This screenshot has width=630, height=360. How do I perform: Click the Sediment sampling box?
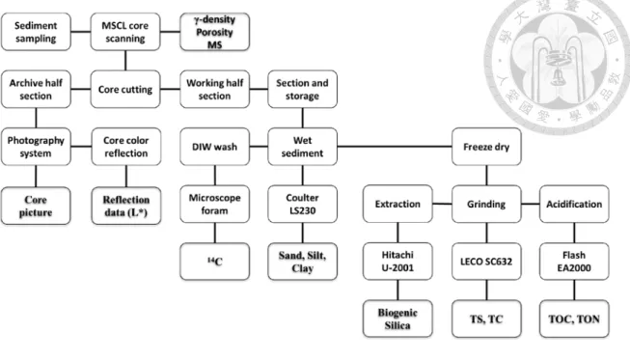click(36, 32)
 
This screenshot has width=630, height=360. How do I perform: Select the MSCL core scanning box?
click(125, 32)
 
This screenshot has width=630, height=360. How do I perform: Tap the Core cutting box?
click(125, 89)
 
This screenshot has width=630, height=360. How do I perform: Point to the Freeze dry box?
click(486, 147)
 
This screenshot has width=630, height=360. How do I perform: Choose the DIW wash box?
click(214, 147)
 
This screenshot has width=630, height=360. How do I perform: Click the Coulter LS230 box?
click(303, 204)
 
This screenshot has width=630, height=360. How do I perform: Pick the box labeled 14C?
click(214, 262)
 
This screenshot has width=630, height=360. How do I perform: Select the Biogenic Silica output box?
click(397, 319)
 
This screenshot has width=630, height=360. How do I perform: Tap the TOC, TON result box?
click(574, 319)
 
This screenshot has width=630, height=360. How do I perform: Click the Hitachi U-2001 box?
click(397, 262)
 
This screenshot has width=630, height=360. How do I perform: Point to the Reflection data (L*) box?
click(126, 206)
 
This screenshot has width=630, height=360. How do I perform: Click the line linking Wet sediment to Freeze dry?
click(395, 147)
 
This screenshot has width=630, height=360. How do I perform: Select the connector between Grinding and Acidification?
click(531, 204)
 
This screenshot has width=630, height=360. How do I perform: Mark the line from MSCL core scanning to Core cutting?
click(125, 60)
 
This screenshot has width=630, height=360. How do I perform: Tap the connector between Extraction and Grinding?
click(442, 204)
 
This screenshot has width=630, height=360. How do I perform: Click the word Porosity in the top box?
click(214, 32)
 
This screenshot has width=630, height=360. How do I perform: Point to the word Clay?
click(303, 268)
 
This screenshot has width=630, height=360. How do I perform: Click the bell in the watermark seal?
click(557, 76)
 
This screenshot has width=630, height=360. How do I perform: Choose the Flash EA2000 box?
click(574, 262)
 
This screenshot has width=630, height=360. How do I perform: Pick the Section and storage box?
click(303, 89)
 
